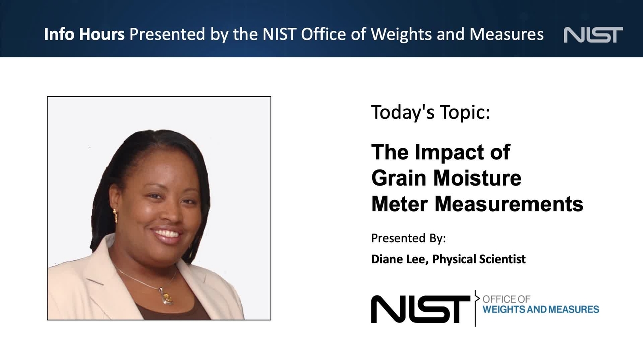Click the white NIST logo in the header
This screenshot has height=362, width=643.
click(593, 35)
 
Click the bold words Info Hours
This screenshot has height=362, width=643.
click(84, 34)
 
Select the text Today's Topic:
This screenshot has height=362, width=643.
click(431, 112)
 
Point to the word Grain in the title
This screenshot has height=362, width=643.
click(399, 178)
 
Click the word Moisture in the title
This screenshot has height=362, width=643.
click(477, 178)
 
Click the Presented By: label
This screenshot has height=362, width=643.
click(408, 238)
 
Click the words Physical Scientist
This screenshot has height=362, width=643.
click(479, 259)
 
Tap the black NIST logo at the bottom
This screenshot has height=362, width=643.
click(420, 309)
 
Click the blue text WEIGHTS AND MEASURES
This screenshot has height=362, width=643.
click(541, 309)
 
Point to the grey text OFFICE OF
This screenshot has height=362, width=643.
click(506, 299)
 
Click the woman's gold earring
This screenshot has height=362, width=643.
click(115, 216)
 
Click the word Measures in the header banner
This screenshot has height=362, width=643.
click(506, 34)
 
